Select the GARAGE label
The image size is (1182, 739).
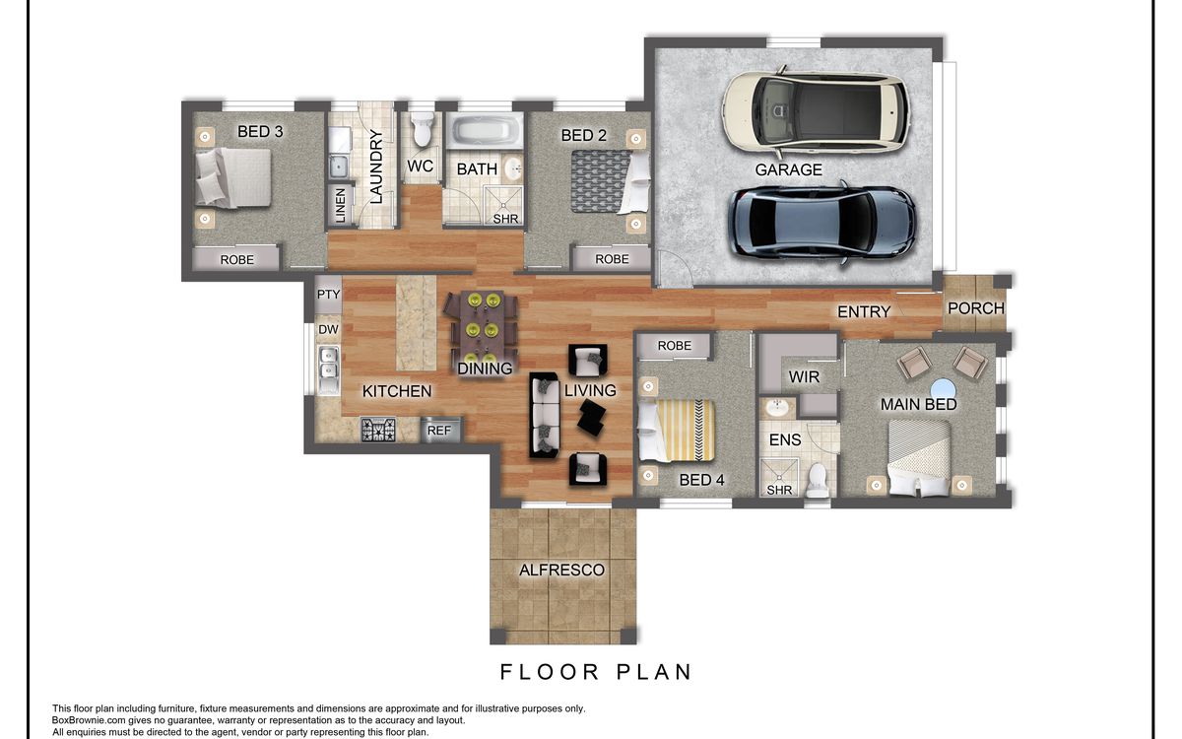788,169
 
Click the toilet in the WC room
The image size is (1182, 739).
423,128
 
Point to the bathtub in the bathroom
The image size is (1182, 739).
485,130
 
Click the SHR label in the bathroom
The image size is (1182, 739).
505,219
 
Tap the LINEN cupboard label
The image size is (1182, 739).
341,205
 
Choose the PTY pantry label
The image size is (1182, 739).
328,294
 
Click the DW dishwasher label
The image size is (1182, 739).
328,329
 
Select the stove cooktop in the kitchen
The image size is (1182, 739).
378,430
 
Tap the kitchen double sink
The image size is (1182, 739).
328,369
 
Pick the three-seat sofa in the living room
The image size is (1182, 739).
544,415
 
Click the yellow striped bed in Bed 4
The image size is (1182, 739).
676,431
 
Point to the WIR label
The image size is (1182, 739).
804,376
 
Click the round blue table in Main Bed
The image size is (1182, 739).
943,389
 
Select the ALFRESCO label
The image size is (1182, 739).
561,571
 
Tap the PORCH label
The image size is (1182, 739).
976,308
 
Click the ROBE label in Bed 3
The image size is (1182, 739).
237,260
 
